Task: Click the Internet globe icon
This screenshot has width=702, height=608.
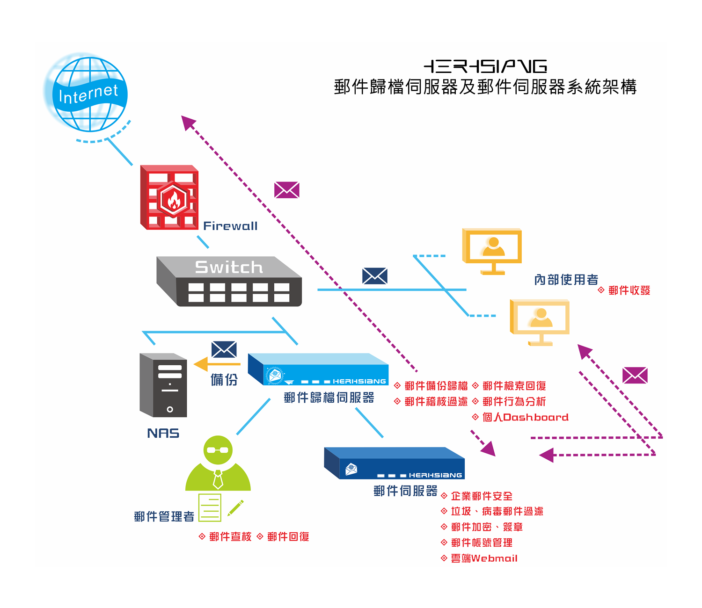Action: click(x=89, y=94)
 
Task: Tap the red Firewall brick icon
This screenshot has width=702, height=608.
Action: click(x=169, y=197)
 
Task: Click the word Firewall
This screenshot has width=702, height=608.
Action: click(x=230, y=226)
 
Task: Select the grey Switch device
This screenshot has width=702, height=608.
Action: click(x=229, y=282)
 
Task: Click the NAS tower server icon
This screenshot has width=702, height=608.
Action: click(x=163, y=385)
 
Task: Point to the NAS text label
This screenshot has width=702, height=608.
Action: click(x=163, y=433)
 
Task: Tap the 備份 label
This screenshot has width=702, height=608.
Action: click(x=224, y=379)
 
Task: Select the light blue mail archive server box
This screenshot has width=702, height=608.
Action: click(x=318, y=369)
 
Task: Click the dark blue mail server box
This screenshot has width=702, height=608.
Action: click(x=394, y=463)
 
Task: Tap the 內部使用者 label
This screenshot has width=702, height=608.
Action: click(x=566, y=280)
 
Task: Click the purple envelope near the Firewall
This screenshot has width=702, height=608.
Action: click(x=287, y=190)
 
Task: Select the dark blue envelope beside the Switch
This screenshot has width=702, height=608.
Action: click(x=375, y=276)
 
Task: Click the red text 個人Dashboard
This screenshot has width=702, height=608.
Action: click(x=525, y=417)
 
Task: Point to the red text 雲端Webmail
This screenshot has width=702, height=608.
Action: click(x=484, y=558)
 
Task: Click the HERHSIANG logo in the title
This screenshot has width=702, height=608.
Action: click(x=485, y=66)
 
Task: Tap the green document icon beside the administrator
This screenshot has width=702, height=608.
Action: click(x=210, y=507)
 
